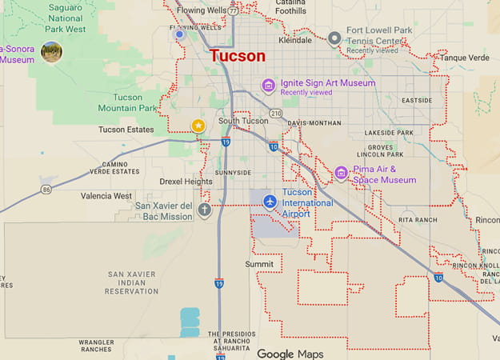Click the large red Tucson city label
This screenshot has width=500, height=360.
tap(237, 56)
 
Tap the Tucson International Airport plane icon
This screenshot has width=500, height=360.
tap(270, 201)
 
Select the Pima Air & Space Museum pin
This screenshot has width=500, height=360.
tap(341, 174)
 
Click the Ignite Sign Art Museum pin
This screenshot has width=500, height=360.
tap(269, 86)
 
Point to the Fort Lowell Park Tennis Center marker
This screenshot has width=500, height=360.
tap(335, 37)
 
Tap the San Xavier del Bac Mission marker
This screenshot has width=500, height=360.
tap(205, 210)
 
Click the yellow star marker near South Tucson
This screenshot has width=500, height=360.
tap(198, 125)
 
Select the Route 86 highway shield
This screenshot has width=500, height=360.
tap(46, 190)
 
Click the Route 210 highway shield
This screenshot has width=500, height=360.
tap(276, 113)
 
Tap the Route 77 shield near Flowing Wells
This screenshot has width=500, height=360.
tap(232, 12)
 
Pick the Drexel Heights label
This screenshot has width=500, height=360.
tap(186, 182)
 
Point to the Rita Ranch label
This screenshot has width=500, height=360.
tap(418, 218)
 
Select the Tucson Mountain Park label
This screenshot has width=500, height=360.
tap(126, 102)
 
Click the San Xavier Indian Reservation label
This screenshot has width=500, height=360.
tap(132, 282)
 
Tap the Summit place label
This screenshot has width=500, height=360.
tap(259, 263)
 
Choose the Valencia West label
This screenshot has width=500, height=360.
tap(106, 196)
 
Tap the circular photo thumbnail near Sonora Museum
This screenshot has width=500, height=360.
tap(52, 52)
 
